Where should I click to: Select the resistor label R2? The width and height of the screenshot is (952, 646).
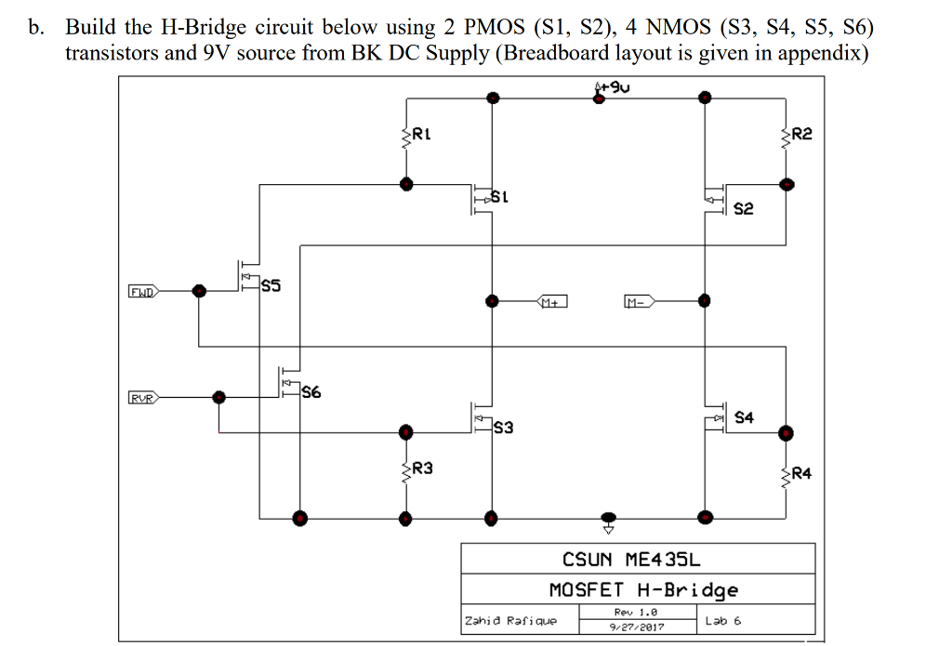click(802, 134)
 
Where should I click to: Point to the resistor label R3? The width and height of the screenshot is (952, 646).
click(422, 468)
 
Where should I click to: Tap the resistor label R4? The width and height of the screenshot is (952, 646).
click(802, 473)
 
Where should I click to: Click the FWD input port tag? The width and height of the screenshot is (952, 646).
click(142, 290)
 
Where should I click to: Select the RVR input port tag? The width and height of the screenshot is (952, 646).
click(142, 398)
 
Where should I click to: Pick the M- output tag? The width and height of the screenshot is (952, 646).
click(639, 301)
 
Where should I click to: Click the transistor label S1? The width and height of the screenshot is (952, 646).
click(499, 197)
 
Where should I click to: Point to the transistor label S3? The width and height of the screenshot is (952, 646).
click(503, 428)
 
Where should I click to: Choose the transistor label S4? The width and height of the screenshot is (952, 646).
click(744, 417)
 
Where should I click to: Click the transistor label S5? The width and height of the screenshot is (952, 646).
click(271, 286)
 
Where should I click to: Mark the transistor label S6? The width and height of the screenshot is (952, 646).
click(311, 392)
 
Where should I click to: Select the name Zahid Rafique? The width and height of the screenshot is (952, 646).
click(510, 620)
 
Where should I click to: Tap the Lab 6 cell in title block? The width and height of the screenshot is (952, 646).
click(723, 620)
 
